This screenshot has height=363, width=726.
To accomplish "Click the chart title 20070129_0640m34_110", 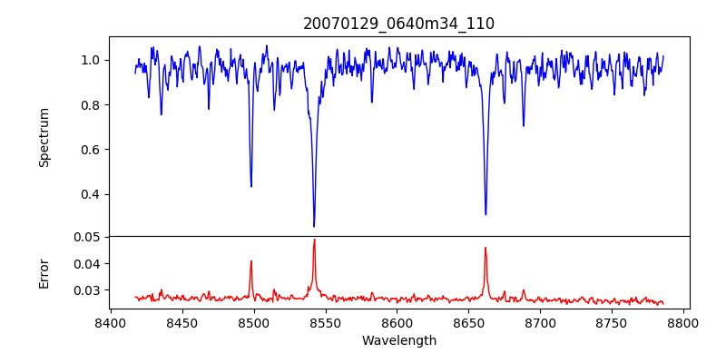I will click(398, 25).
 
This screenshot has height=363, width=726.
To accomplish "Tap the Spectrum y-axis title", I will click(44, 137).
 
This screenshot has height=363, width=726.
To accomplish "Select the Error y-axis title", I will click(44, 272).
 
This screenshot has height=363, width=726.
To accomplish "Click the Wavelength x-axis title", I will click(398, 341).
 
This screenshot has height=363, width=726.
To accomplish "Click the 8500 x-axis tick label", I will click(254, 322).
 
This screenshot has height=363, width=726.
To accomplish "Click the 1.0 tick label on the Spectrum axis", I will click(91, 60).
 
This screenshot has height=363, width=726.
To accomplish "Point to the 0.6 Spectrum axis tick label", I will click(91, 150).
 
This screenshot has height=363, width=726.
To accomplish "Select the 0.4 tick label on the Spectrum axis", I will click(91, 194).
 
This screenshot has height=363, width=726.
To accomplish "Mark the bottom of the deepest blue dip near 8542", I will click(314, 226).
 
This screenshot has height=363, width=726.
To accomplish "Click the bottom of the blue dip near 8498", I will click(251, 186).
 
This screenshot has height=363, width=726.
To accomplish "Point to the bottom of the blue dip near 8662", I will click(486, 214).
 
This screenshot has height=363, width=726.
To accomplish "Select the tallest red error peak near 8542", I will click(314, 240).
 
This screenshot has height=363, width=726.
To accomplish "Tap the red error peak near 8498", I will click(251, 261).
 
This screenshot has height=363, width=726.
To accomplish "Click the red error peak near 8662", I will click(486, 248).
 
